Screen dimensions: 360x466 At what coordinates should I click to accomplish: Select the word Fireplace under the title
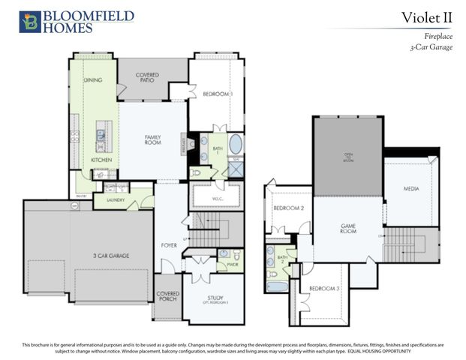click(x=436, y=36)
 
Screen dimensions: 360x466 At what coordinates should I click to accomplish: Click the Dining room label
click(x=93, y=79)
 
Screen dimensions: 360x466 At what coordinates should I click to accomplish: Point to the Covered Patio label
click(x=147, y=78)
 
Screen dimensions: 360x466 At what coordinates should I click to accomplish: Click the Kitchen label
click(x=101, y=160)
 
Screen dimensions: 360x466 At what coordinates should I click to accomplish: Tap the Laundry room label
click(x=116, y=200)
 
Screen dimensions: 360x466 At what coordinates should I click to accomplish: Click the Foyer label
click(x=170, y=245)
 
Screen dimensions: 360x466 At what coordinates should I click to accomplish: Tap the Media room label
click(x=410, y=188)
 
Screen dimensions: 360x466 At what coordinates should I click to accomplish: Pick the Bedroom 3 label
click(x=324, y=288)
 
